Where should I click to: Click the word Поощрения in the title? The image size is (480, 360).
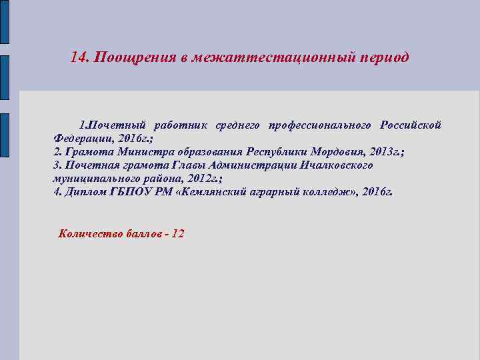tap(135, 57)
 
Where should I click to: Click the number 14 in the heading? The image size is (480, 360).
tap(79, 57)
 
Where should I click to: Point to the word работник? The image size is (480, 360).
tap(181, 125)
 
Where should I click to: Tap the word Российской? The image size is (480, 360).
tap(411, 125)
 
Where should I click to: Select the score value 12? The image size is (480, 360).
tap(178, 233)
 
